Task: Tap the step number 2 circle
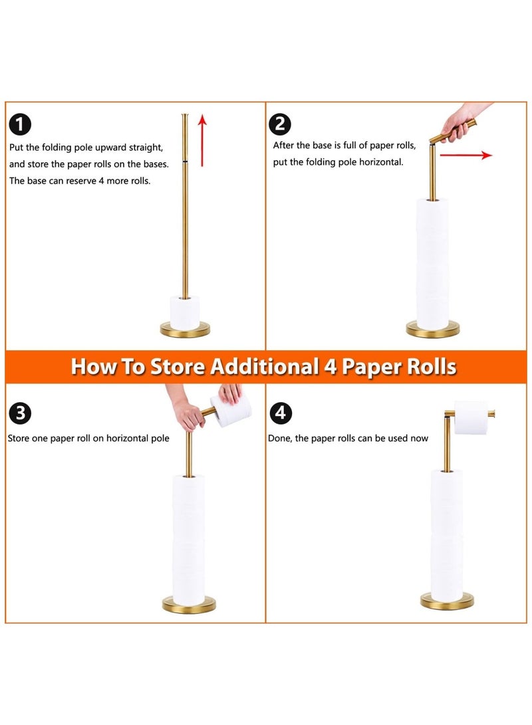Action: (x=281, y=124)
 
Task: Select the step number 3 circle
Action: (x=20, y=413)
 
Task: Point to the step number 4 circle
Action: (x=281, y=413)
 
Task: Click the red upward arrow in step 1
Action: (x=202, y=141)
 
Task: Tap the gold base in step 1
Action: (x=185, y=330)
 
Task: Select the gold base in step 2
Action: (x=433, y=330)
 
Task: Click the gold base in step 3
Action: (x=189, y=605)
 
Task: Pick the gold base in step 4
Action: (x=447, y=601)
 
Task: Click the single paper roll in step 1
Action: (x=185, y=312)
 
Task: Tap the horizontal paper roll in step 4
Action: (x=471, y=417)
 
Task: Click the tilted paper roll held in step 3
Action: (x=230, y=409)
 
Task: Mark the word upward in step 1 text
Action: (x=110, y=148)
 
